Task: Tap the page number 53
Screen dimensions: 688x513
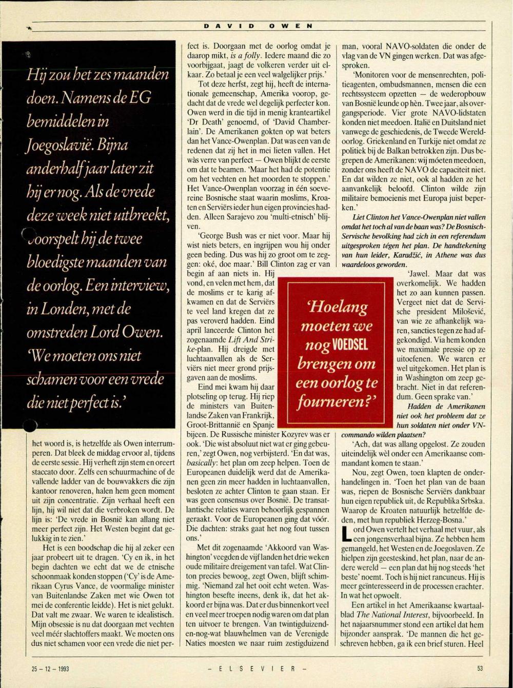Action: (x=480, y=669)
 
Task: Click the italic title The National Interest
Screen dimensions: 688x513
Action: (x=386, y=615)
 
